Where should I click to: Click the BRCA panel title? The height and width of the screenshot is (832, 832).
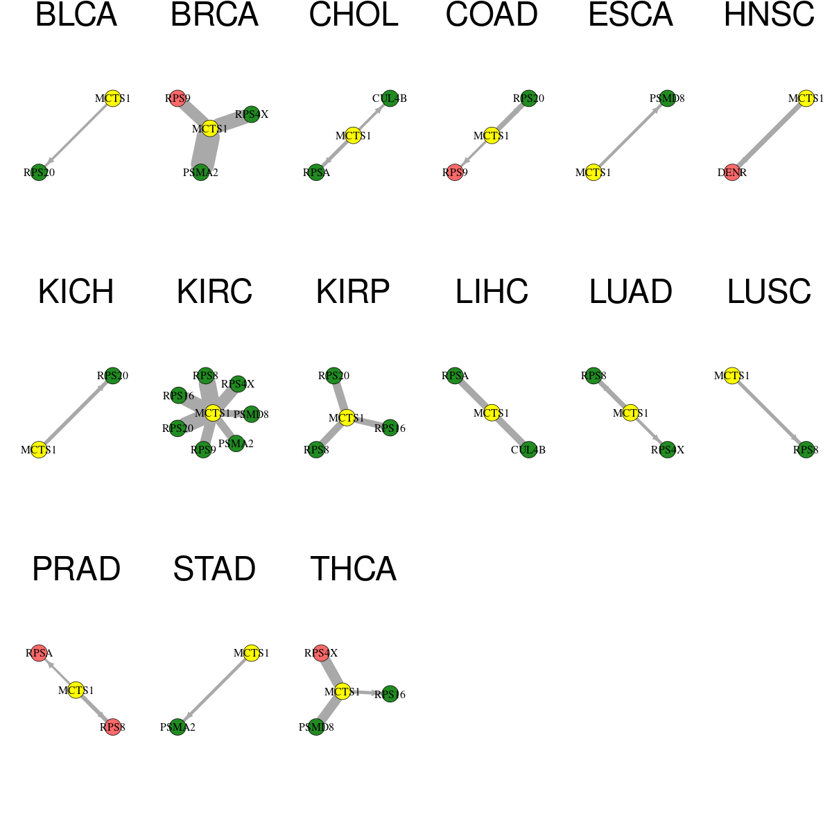[214, 15]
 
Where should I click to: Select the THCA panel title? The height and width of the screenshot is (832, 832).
[353, 569]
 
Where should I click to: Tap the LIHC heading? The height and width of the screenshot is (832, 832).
[492, 292]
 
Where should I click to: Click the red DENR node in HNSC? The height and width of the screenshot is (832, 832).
[732, 172]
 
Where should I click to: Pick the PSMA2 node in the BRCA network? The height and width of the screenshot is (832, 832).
[200, 172]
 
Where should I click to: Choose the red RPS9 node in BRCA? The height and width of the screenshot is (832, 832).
[177, 98]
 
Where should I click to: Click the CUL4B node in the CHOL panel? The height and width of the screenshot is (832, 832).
[390, 98]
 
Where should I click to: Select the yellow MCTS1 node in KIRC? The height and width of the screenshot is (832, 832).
[213, 413]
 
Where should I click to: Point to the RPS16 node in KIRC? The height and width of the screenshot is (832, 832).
[179, 395]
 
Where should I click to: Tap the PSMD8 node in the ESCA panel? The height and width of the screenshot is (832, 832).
[667, 98]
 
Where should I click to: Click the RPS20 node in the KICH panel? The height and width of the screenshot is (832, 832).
[113, 376]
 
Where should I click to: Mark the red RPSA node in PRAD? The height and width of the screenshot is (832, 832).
[39, 653]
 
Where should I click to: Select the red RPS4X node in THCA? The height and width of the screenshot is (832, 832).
[321, 653]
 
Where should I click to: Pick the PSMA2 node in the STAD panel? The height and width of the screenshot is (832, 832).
[177, 727]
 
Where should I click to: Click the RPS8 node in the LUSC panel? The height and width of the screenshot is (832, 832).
[806, 450]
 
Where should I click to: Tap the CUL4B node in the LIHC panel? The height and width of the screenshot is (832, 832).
[528, 450]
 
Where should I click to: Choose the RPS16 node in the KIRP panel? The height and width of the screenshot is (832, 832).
[390, 428]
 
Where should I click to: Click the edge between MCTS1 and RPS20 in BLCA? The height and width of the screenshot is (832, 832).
[76, 135]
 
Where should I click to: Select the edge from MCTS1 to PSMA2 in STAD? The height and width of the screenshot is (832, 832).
[214, 690]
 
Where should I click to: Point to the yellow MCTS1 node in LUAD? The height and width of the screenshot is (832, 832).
[630, 413]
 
